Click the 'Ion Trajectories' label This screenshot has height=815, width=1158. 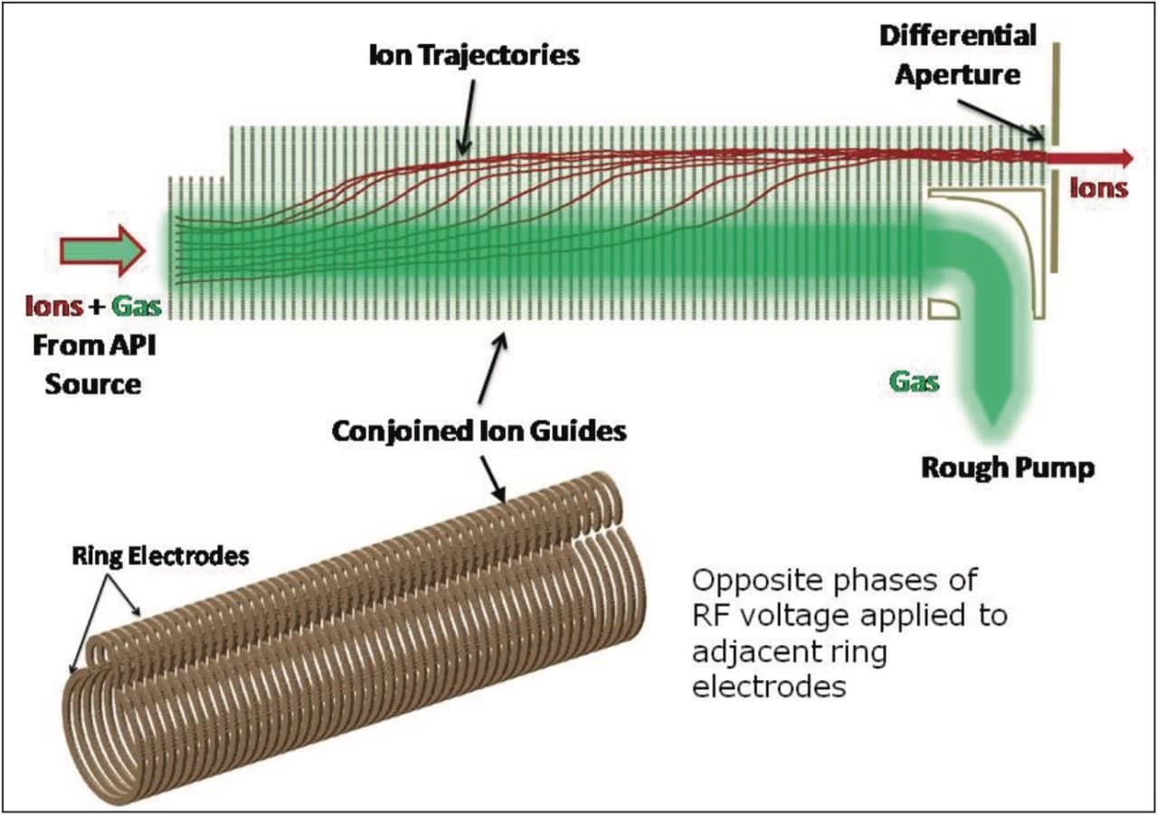pyautogui.click(x=474, y=55)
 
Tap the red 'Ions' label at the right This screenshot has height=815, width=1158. pyautogui.click(x=1098, y=187)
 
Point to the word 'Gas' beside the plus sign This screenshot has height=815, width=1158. pyautogui.click(x=137, y=307)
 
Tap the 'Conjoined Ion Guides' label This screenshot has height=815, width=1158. pyautogui.click(x=479, y=431)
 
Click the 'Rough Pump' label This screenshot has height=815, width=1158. pyautogui.click(x=1008, y=469)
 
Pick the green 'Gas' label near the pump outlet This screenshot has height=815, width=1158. pyautogui.click(x=914, y=382)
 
